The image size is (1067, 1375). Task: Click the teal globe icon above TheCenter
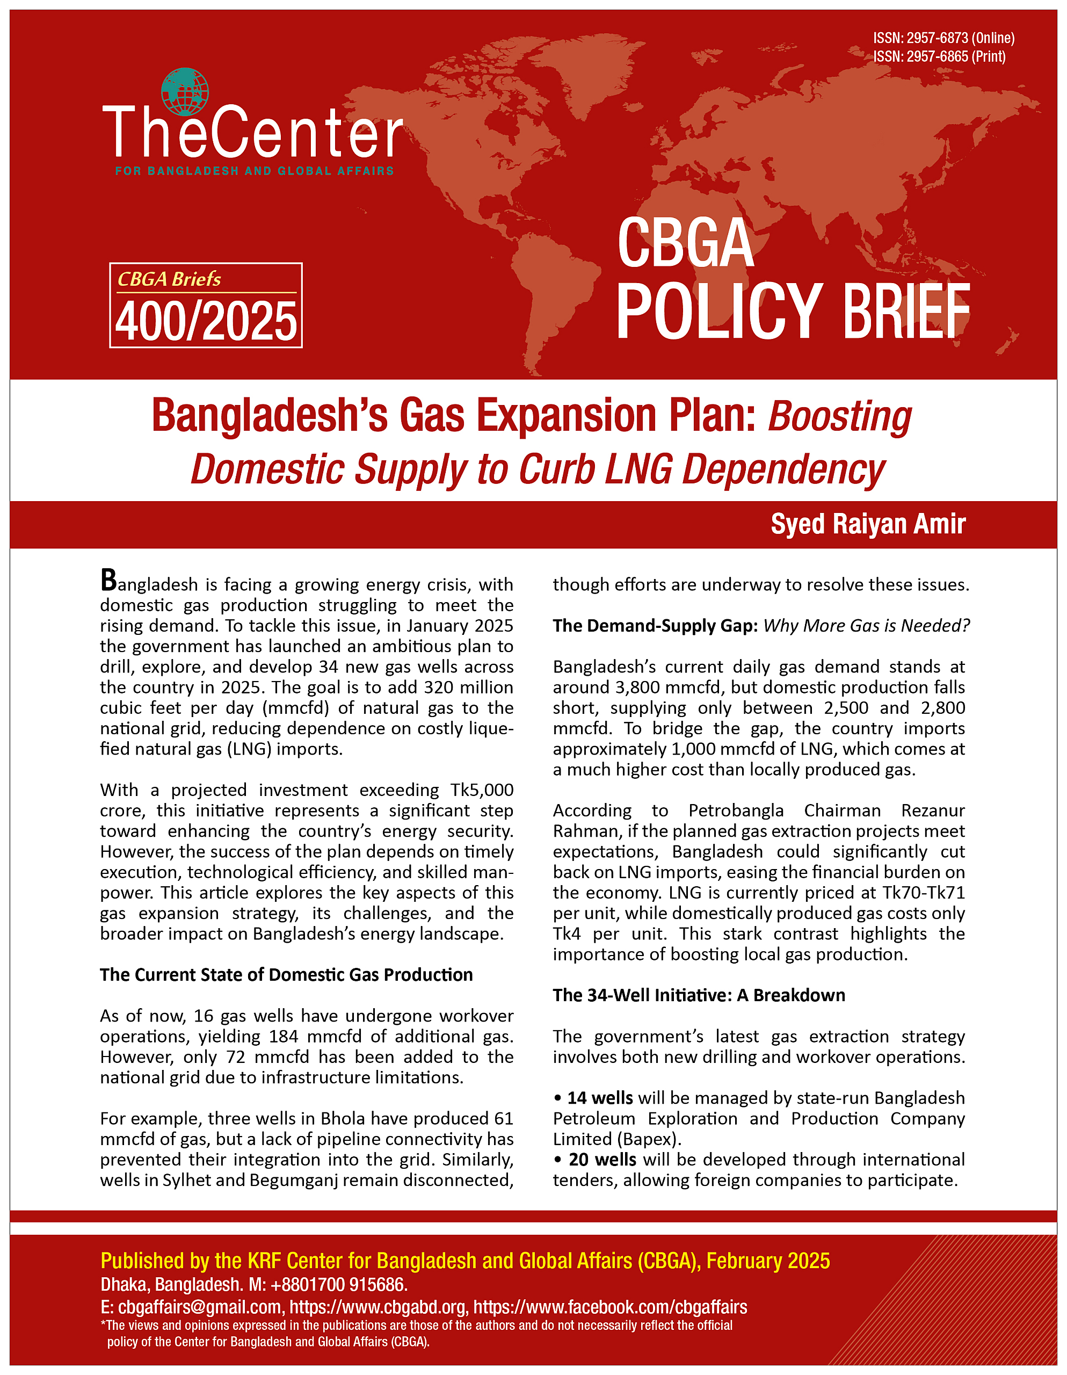(184, 92)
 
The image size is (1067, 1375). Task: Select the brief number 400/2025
(206, 321)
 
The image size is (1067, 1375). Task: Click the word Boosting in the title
(839, 417)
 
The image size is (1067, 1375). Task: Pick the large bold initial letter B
(108, 581)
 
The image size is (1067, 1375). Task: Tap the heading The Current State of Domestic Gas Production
(286, 975)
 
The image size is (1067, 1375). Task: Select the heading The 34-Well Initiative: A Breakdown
(699, 995)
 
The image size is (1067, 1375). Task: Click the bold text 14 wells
(600, 1098)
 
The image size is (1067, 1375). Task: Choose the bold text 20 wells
(602, 1160)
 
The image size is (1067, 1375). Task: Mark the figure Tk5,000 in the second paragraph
(482, 790)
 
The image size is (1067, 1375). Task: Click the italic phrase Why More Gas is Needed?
(866, 626)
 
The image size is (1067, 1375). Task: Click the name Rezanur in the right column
(933, 811)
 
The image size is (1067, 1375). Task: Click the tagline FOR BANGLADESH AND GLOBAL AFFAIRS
(255, 171)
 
